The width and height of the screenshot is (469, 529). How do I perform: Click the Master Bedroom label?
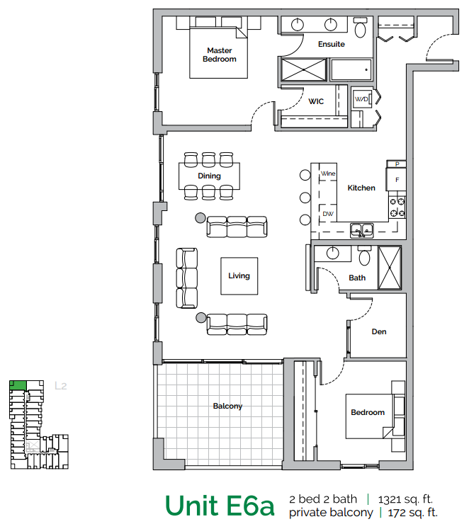220,55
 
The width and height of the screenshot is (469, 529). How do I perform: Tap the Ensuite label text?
331,44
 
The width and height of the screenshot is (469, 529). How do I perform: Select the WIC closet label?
316,101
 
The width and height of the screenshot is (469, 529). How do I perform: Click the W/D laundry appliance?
362,100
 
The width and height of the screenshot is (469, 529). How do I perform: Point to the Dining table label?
210,176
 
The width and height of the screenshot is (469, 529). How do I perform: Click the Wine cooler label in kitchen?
328,174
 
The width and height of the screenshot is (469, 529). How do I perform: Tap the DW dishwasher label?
328,213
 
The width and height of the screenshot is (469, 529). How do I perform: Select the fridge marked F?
397,180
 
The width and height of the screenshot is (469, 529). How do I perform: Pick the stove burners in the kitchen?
397,207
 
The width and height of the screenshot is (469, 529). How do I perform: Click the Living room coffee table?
239,275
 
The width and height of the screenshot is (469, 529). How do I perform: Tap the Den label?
379,331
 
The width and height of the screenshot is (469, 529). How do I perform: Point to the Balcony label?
227,406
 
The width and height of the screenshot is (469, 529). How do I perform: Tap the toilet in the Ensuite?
360,28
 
